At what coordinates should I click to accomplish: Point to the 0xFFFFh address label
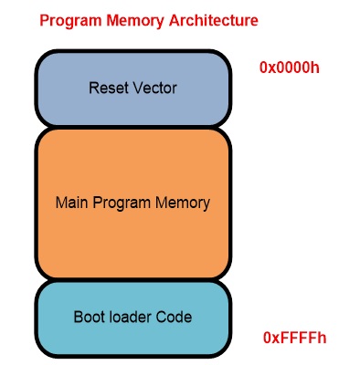294,338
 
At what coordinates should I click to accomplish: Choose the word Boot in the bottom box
88,318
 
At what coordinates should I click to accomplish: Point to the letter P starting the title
45,19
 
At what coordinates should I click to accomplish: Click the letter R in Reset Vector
93,89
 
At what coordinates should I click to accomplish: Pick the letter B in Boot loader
77,318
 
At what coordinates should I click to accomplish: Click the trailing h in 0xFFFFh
322,338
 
